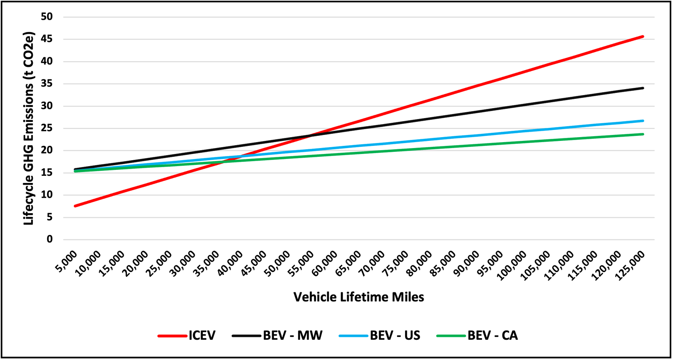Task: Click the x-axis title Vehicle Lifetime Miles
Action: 359,297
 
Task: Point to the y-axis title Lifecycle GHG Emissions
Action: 29,128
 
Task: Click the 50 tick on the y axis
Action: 47,17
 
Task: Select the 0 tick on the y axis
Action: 50,239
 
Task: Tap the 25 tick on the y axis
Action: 47,128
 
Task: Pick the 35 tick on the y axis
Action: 47,84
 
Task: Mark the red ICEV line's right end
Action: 643,37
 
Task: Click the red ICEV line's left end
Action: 75,206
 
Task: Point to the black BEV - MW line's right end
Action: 643,88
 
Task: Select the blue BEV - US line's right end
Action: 643,121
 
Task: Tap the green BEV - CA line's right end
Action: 643,134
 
